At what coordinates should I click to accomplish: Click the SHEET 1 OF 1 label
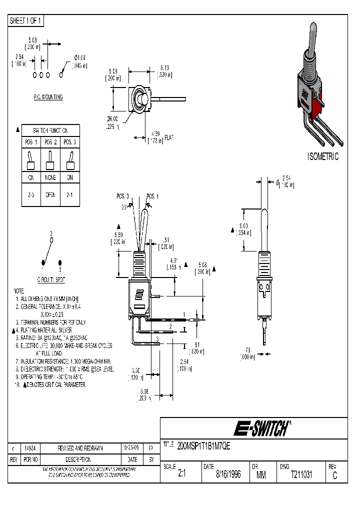pyautogui.click(x=26, y=21)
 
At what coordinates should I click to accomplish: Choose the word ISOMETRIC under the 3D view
pyautogui.click(x=322, y=157)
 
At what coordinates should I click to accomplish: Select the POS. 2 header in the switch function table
pyautogui.click(x=50, y=142)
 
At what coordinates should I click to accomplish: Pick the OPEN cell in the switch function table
pyautogui.click(x=50, y=195)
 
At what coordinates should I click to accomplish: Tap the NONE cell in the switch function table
pyautogui.click(x=50, y=177)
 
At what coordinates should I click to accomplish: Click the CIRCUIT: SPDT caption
pyautogui.click(x=50, y=280)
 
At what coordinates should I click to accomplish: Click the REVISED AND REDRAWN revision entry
pyautogui.click(x=80, y=449)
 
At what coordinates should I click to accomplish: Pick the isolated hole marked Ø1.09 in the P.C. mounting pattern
pyautogui.click(x=61, y=75)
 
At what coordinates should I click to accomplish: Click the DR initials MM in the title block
pyautogui.click(x=260, y=475)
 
